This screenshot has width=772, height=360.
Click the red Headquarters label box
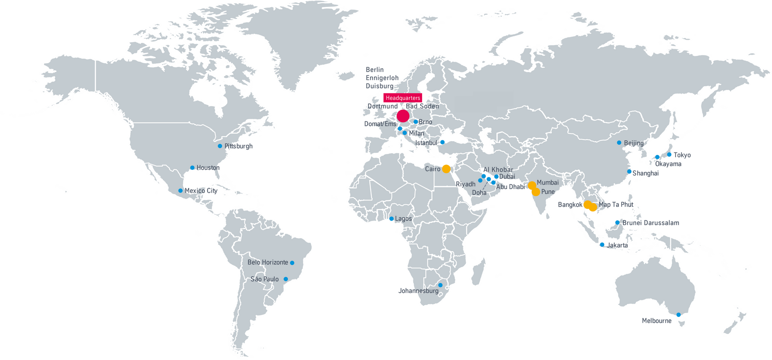pos(402,98)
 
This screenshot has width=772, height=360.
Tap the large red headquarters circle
pos(403,116)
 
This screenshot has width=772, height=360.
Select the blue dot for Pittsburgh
pos(220,146)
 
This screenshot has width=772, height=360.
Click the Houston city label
pos(208,168)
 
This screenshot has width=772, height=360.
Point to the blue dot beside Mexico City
pos(181,191)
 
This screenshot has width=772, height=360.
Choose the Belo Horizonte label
pos(268,262)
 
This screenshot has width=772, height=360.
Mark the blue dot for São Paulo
pos(286,279)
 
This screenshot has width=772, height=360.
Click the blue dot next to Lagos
pos(391,219)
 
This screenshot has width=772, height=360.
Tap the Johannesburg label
pos(418,291)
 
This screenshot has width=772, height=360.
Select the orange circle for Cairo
pos(446,169)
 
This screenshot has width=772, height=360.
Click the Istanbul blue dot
pos(442,142)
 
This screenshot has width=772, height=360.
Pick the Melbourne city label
pos(657,321)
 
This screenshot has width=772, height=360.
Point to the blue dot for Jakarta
pos(602,245)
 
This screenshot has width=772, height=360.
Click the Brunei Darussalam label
pos(651,223)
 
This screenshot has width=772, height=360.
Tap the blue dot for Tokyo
pos(669,154)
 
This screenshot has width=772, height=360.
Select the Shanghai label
pos(645,173)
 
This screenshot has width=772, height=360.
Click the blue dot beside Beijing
pos(619,143)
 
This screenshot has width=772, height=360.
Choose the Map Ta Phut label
pos(616,205)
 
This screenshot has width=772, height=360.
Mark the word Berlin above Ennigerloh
pos(375,70)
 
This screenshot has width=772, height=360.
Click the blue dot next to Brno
pos(415,121)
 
